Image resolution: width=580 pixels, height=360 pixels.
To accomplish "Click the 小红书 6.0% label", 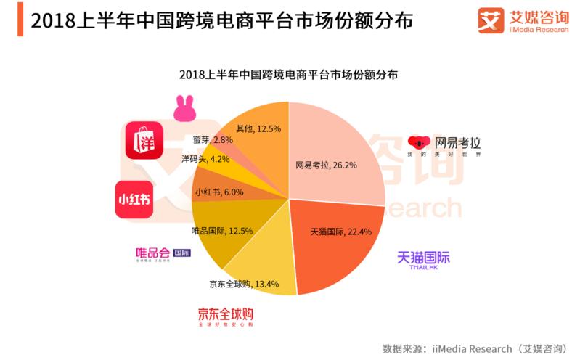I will tap(220, 193).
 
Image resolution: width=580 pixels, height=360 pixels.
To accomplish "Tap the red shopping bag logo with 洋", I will tap(141, 141).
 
